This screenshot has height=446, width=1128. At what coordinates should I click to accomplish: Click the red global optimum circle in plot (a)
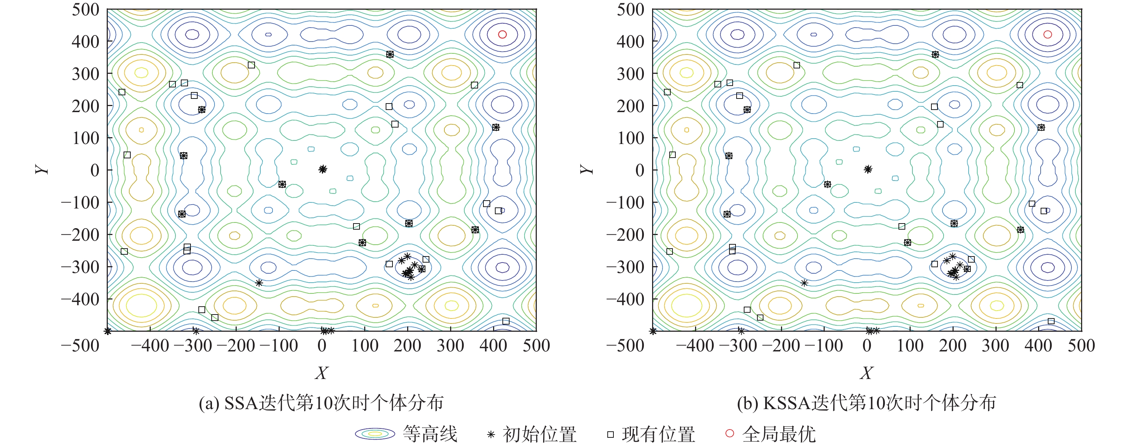502,34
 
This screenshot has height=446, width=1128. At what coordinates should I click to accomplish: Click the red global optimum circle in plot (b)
1047,34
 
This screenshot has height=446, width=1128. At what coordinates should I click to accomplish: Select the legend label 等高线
430,434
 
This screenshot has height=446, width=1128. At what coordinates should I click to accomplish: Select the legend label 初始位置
540,434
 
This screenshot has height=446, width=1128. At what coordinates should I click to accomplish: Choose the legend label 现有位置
658,434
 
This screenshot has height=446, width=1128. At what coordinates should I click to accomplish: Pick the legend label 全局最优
779,434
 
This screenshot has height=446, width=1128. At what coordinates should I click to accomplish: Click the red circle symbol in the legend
729,433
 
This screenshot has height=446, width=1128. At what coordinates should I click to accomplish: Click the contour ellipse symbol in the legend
375,434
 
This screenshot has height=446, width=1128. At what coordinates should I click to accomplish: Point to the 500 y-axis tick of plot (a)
86,10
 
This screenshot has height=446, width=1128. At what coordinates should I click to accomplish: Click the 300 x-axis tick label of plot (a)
450,346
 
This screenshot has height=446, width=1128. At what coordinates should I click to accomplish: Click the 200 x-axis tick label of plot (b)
953,346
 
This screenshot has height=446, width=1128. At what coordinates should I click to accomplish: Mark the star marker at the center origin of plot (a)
323,169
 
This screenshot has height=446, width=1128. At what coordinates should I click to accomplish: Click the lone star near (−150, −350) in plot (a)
259,283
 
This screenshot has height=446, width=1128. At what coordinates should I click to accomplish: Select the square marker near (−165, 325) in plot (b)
796,65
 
